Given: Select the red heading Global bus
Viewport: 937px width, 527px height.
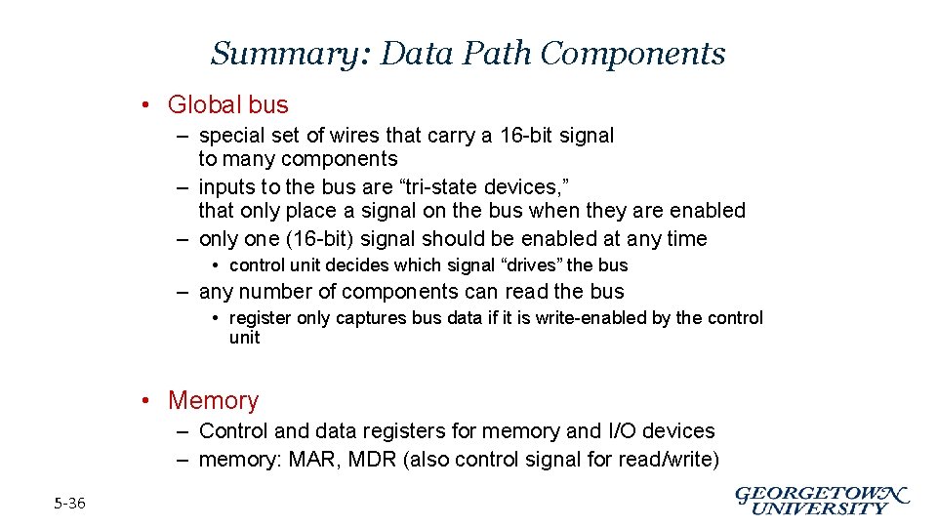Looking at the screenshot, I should click(228, 104).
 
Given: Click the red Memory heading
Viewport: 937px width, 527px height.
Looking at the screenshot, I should click(213, 400).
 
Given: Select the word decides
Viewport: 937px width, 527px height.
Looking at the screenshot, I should click(389, 265).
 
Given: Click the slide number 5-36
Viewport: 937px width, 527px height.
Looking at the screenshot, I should click(69, 504).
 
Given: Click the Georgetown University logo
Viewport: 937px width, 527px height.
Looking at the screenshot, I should click(822, 500).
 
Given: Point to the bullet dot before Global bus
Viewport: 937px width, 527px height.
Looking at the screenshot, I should click(143, 105).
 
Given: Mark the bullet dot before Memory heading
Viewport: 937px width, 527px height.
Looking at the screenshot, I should click(143, 401).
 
